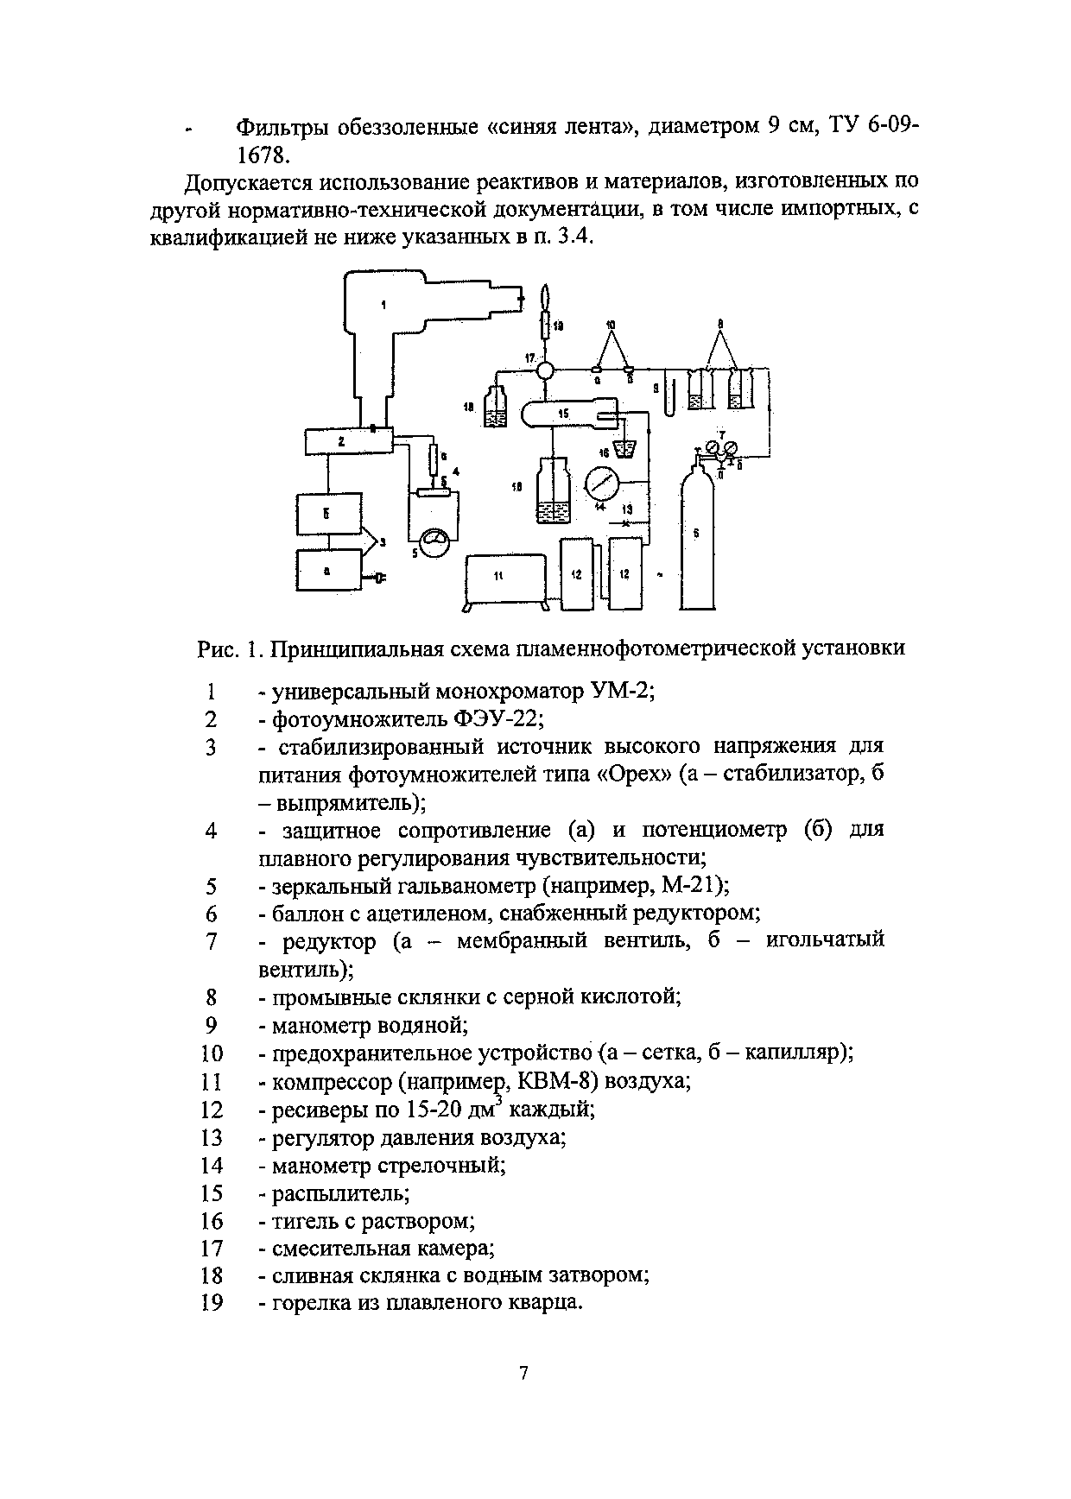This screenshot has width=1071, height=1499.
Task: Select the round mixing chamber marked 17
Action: pyautogui.click(x=546, y=371)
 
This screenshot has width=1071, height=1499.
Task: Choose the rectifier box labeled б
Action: pyautogui.click(x=330, y=515)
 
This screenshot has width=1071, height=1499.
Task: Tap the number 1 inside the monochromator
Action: pyautogui.click(x=383, y=303)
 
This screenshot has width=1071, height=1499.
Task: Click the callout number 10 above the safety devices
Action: pyautogui.click(x=612, y=324)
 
